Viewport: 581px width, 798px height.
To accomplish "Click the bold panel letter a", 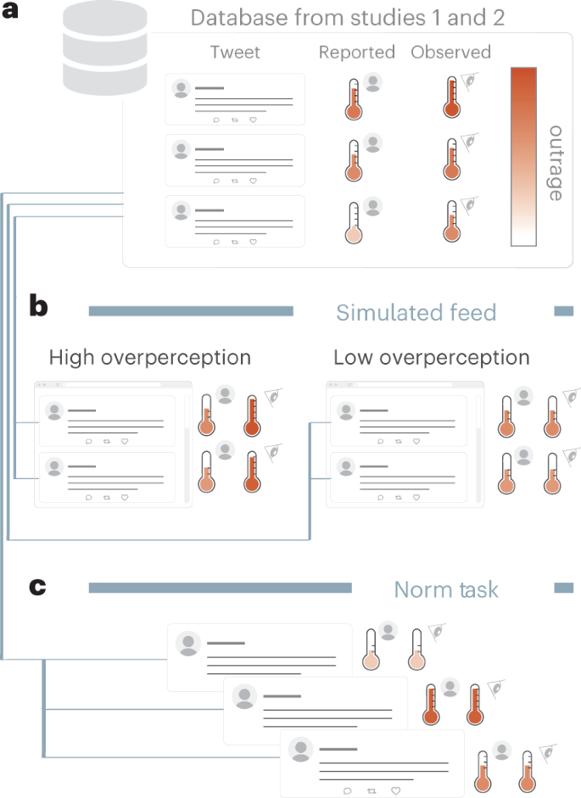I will pyautogui.click(x=12, y=15).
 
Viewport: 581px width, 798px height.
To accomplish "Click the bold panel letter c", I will pyautogui.click(x=37, y=587).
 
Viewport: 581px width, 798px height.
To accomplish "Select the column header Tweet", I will pyautogui.click(x=235, y=53).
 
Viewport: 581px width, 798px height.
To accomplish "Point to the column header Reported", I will pyautogui.click(x=357, y=53).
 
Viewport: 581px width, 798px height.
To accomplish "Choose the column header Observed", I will pyautogui.click(x=451, y=53).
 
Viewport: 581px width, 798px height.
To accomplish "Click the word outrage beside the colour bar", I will pyautogui.click(x=556, y=163).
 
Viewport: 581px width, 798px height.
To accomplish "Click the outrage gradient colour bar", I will pyautogui.click(x=523, y=157).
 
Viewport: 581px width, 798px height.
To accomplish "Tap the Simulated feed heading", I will pyautogui.click(x=416, y=312).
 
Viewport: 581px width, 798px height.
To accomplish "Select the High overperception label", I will pyautogui.click(x=150, y=357).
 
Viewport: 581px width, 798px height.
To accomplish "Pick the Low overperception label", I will pyautogui.click(x=431, y=357).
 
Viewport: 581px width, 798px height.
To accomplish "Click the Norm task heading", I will pyautogui.click(x=447, y=589).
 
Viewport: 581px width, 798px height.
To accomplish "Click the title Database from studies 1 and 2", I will pyautogui.click(x=348, y=18).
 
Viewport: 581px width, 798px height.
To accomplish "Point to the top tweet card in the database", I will pyautogui.click(x=235, y=100).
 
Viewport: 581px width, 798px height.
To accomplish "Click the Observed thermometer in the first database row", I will pyautogui.click(x=451, y=98).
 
